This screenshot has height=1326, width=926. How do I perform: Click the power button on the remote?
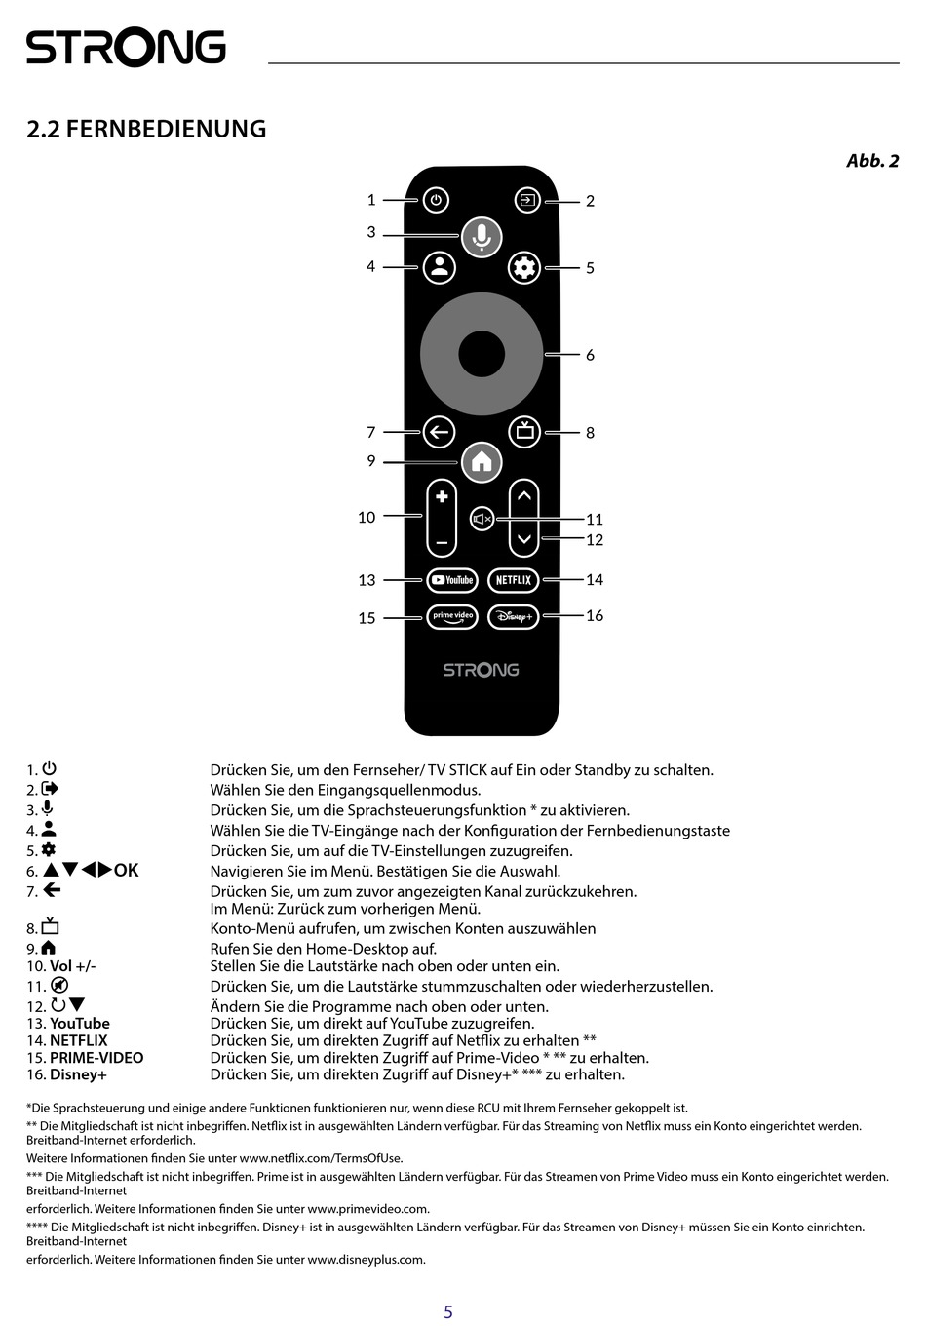point(436,201)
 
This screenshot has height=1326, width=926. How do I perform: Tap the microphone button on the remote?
point(481,236)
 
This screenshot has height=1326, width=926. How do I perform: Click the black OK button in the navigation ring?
point(482,354)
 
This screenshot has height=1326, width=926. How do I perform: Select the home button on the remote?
point(482,462)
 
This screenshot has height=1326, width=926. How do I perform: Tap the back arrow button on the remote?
point(439,432)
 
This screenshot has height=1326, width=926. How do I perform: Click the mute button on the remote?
point(482,519)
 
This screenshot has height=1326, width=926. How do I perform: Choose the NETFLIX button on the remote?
point(513,580)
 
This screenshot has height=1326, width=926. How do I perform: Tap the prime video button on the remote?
point(452,616)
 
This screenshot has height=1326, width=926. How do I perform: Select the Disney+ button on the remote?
point(513,616)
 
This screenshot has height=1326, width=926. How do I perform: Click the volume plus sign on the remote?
point(442,496)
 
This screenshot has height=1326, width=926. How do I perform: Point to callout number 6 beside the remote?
point(590,355)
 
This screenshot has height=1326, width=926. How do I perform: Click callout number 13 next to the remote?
point(367,580)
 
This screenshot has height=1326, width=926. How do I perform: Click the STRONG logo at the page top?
point(126,48)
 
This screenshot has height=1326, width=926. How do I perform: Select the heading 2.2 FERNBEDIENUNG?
point(146,129)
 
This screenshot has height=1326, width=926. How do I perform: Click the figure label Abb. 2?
point(872,161)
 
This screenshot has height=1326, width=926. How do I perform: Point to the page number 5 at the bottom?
point(448,1312)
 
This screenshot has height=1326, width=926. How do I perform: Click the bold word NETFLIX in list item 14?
point(79,1040)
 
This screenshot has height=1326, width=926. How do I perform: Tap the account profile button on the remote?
point(440,267)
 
